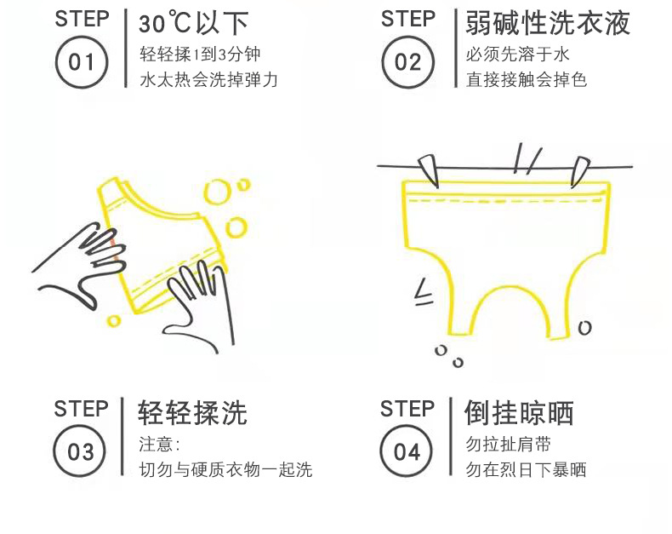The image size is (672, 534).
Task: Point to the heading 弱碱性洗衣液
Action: [547, 24]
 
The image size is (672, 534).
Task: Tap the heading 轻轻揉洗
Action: [192, 413]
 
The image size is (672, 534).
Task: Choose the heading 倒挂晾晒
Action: [519, 413]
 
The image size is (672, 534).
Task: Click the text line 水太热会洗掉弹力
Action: [208, 80]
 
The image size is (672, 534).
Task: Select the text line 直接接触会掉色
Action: [527, 80]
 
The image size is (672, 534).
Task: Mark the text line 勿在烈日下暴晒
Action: [526, 469]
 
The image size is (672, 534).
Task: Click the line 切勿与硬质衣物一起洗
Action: [225, 469]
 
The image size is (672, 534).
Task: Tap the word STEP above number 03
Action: [81, 408]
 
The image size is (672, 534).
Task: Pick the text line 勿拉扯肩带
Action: [508, 445]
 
